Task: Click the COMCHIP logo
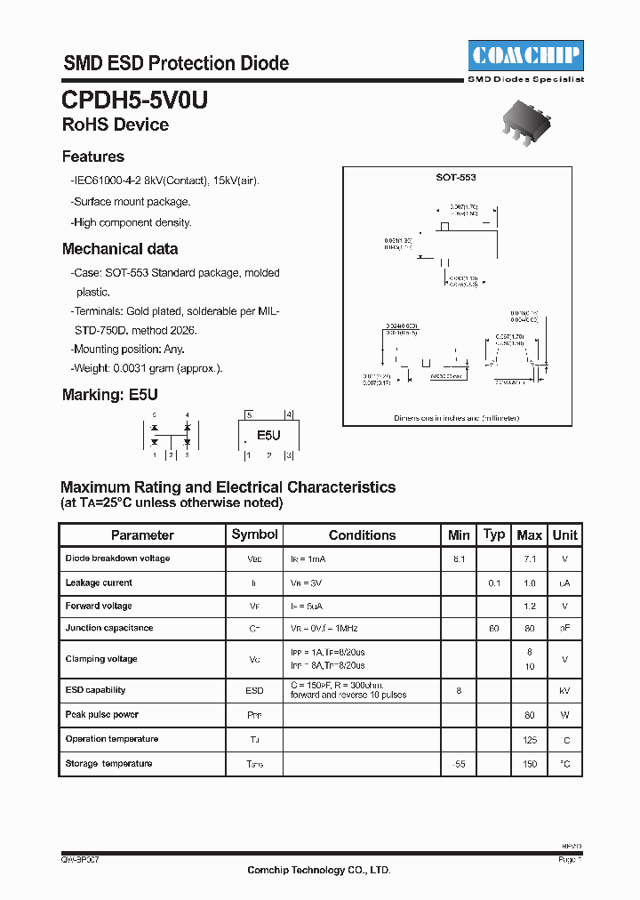[524, 56]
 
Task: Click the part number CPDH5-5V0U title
[135, 100]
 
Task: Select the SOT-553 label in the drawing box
[456, 178]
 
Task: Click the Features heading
[93, 157]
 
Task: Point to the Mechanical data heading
[120, 249]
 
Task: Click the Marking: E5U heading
[109, 394]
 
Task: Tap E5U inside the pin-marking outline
[268, 436]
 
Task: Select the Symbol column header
[254, 534]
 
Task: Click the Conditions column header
[362, 535]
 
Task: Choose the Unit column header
[564, 534]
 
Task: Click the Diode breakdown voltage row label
[117, 558]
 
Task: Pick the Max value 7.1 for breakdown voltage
[530, 558]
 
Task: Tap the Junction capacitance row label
[109, 628]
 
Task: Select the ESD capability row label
[95, 690]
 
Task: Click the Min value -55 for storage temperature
[459, 764]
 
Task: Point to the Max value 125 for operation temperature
[530, 740]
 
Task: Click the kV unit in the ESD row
[565, 690]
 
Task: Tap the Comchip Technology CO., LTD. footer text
[318, 870]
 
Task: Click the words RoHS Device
[116, 125]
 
